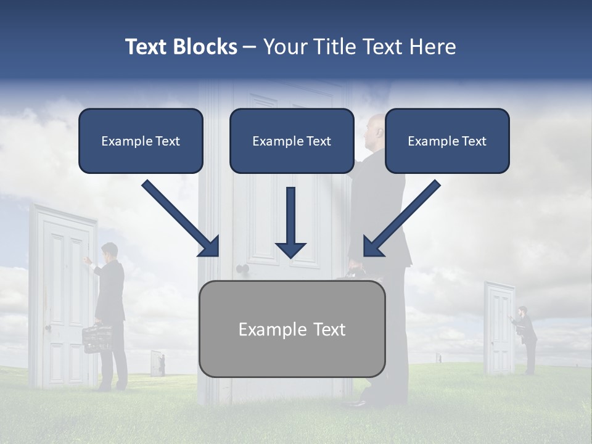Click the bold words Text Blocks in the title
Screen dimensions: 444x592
(181, 47)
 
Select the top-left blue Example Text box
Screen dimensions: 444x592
(141, 141)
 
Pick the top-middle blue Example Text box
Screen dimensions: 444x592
(292, 141)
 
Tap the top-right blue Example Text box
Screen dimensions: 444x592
(447, 141)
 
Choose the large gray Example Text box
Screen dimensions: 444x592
(292, 329)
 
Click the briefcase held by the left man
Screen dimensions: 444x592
(97, 337)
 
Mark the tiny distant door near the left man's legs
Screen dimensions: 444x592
(157, 364)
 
